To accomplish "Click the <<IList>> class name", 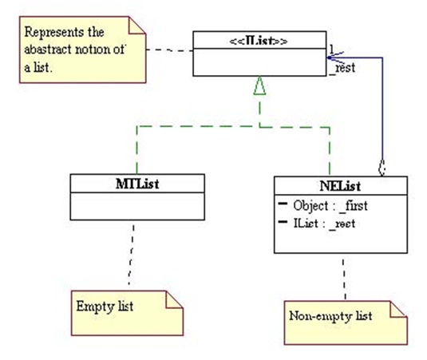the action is (259, 41).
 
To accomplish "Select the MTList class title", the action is (137, 184).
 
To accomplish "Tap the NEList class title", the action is (340, 186).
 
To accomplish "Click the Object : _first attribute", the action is (330, 206).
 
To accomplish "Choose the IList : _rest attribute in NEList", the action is (324, 224).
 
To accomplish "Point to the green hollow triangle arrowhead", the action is (259, 85).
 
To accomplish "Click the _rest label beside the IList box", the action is (342, 68).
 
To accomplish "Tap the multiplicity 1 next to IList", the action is (331, 49).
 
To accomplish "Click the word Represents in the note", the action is (53, 33).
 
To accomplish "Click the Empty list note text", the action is (105, 307).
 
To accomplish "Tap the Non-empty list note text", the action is (330, 316).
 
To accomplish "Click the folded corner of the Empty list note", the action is (174, 300).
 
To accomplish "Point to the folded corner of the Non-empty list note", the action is (398, 310).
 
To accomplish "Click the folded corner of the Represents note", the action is (137, 26).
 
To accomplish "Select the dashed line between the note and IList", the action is (169, 50).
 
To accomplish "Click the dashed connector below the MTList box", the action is (131, 255).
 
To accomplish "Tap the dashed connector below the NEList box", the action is (344, 279).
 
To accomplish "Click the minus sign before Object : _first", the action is (283, 203).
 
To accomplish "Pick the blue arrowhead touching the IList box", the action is (335, 57).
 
